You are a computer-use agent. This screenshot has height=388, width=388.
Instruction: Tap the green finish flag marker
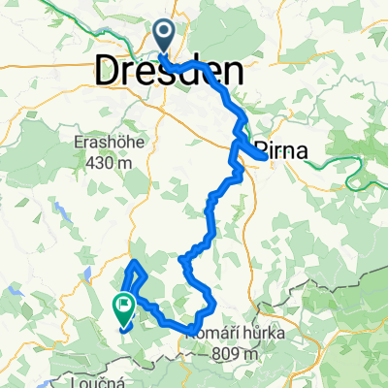coord(124,307)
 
